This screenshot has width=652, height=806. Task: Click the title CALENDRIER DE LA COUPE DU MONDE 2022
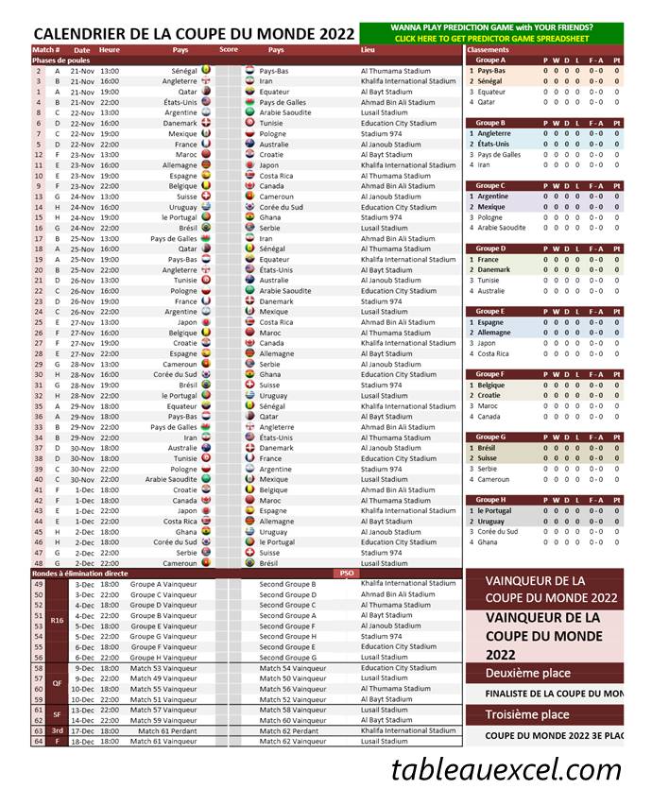pyautogui.click(x=193, y=33)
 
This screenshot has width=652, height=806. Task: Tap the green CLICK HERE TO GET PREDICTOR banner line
pyautogui.click(x=491, y=39)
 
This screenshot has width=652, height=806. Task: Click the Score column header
pyautogui.click(x=229, y=49)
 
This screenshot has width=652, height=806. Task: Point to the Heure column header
pyautogui.click(x=110, y=49)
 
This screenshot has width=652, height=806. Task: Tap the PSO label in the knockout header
pyautogui.click(x=346, y=574)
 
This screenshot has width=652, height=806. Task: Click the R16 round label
pyautogui.click(x=57, y=621)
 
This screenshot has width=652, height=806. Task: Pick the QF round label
pyautogui.click(x=57, y=683)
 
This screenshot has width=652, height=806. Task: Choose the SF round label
pyautogui.click(x=57, y=715)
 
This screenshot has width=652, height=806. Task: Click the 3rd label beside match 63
pyautogui.click(x=57, y=730)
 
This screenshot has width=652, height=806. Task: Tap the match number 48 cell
pyautogui.click(x=39, y=563)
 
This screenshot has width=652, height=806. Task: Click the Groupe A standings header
pyautogui.click(x=490, y=60)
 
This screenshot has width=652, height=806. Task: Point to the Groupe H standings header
pyautogui.click(x=490, y=499)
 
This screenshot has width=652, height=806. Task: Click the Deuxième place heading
pyautogui.click(x=528, y=673)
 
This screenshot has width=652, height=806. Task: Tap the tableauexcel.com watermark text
pyautogui.click(x=506, y=770)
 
